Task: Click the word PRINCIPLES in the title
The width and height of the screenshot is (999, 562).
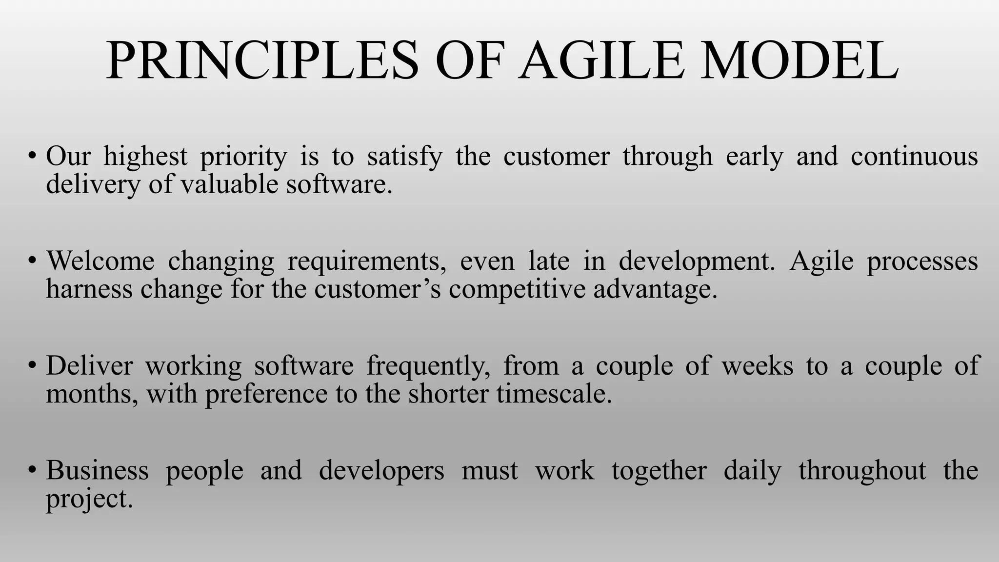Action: tap(262, 61)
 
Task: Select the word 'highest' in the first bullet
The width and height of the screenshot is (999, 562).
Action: tap(145, 157)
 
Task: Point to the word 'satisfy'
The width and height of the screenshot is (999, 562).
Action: tap(405, 157)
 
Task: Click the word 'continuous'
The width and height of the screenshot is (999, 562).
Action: tap(914, 157)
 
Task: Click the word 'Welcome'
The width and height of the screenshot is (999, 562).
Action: tap(100, 261)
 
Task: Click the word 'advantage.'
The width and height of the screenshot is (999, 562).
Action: tap(656, 289)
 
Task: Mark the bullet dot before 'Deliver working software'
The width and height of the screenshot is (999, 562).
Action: tap(32, 365)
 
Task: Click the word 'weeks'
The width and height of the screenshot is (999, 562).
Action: tap(758, 366)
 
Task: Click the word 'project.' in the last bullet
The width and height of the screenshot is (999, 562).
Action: tap(89, 500)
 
